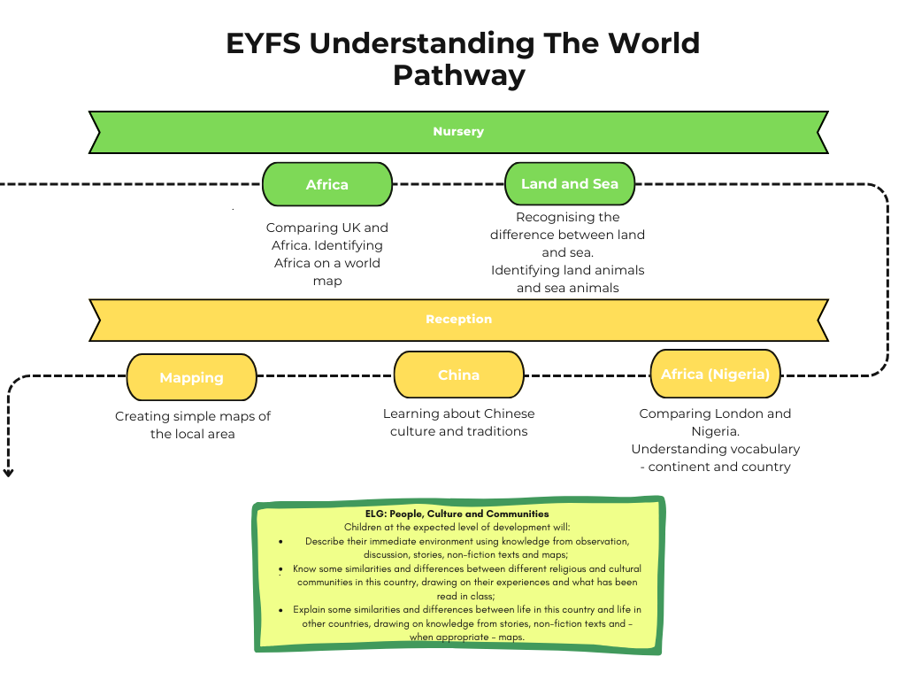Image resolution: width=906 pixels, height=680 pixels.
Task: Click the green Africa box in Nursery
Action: [x=327, y=184]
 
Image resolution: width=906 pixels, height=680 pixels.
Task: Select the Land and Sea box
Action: [x=570, y=184]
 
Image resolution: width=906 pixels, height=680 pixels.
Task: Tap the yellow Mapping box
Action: [x=191, y=377]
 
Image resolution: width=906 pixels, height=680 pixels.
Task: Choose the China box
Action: [x=458, y=375]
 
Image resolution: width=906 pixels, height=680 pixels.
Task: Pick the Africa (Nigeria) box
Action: [x=715, y=374]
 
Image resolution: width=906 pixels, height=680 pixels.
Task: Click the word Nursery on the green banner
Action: [x=458, y=132]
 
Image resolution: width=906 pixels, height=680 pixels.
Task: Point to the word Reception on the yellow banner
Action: [x=458, y=320]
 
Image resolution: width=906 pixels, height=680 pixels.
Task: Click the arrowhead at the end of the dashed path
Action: [x=9, y=473]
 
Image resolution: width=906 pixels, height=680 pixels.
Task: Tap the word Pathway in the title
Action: [x=458, y=74]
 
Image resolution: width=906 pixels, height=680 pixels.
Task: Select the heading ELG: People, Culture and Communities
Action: [x=457, y=514]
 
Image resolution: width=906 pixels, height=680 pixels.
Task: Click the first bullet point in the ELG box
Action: [x=280, y=540]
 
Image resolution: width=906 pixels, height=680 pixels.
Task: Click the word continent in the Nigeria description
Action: [x=680, y=467]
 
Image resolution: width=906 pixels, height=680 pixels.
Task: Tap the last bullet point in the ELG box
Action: [x=280, y=609]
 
